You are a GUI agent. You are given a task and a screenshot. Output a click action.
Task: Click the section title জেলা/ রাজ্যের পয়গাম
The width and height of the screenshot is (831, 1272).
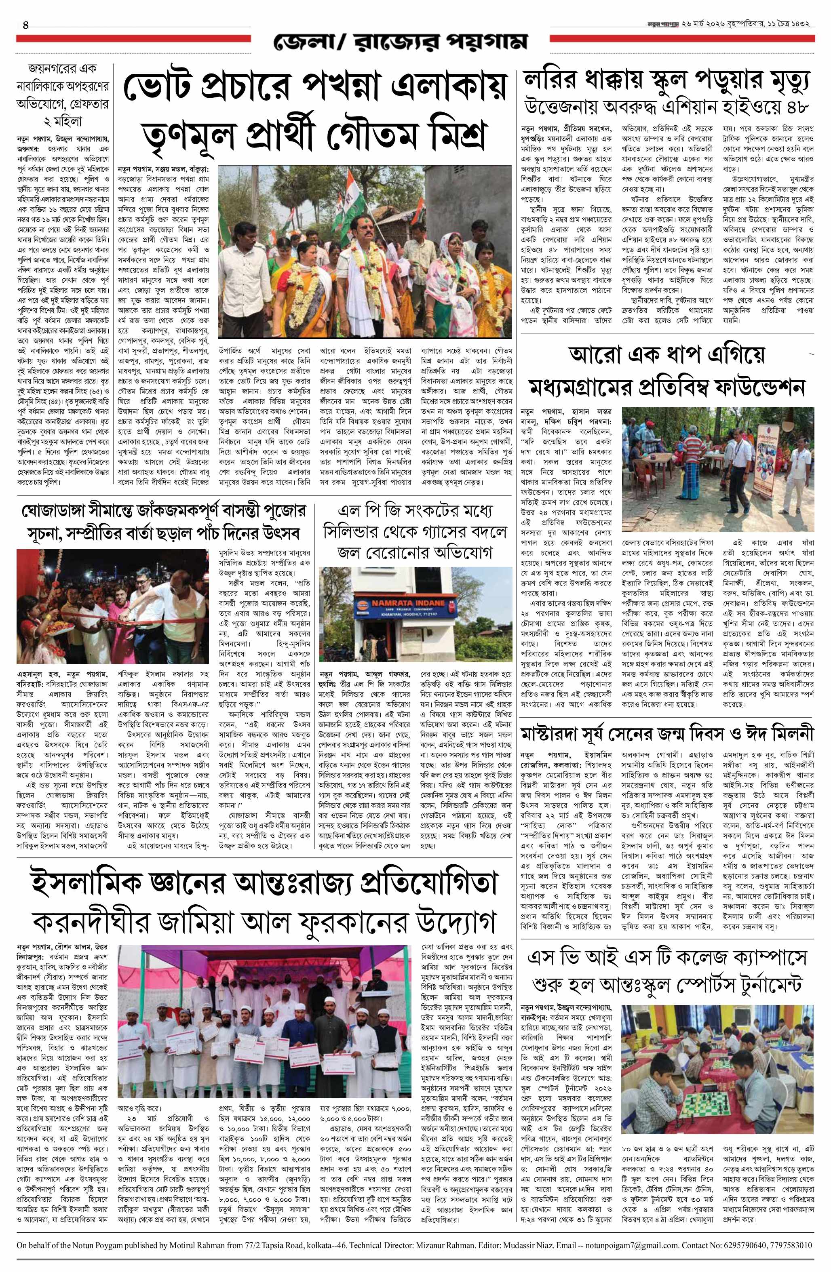[400, 42]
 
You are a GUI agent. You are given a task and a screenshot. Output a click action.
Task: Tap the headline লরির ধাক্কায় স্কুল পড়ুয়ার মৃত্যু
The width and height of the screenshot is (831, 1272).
[667, 82]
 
